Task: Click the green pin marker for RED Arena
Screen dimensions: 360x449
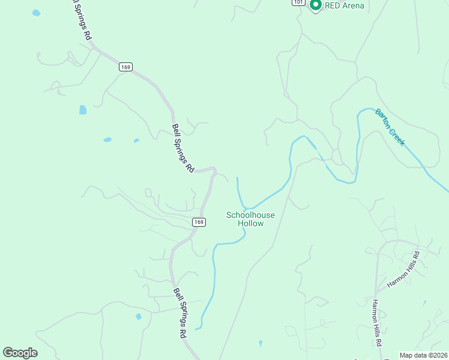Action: point(315,5)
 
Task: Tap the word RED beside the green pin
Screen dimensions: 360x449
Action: point(333,6)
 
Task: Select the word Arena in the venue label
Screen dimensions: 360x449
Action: point(353,6)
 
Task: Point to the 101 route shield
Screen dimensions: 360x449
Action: point(298,2)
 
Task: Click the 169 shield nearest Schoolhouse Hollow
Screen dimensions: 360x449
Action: point(199,222)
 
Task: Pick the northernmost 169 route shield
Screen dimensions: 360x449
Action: point(125,67)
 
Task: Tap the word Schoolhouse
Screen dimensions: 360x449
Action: point(250,214)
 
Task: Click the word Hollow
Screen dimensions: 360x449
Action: point(250,223)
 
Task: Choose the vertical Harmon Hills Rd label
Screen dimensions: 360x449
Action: point(377,322)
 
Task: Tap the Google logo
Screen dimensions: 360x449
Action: point(20,353)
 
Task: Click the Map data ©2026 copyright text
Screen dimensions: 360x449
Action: point(423,355)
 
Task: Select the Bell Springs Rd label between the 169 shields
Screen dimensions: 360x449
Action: point(183,148)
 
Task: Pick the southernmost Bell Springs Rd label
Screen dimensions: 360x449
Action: point(179,313)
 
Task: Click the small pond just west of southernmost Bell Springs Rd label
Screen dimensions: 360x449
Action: point(139,316)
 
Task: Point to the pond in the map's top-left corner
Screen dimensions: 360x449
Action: point(36,13)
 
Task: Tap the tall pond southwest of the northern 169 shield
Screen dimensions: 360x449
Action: point(83,110)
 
